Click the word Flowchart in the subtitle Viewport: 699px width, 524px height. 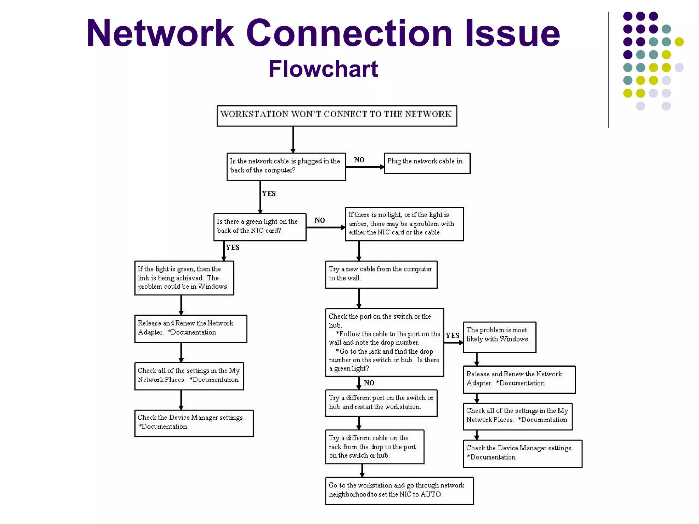[x=323, y=69]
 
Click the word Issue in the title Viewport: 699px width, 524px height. [x=512, y=33]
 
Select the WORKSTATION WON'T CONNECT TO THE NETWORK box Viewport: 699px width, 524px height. [x=337, y=116]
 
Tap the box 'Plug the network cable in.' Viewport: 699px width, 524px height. [x=427, y=163]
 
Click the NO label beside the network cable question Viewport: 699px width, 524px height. [x=359, y=160]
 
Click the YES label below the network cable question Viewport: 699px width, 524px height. [x=269, y=194]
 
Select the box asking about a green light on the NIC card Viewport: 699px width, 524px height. [x=260, y=227]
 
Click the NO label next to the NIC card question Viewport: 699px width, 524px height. [x=319, y=220]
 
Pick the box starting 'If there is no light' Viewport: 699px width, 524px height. [x=404, y=224]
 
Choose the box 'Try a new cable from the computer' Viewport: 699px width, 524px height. [x=381, y=274]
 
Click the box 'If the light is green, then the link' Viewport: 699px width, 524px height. [x=184, y=278]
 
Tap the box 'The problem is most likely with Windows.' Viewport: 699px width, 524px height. [x=499, y=337]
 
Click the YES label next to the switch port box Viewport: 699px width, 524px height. [x=453, y=335]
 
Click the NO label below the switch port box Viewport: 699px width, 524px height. [x=369, y=383]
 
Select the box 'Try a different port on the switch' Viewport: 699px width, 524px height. [x=381, y=403]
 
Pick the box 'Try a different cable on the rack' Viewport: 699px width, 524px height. [x=374, y=447]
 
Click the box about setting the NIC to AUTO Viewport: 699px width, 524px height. [x=399, y=491]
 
